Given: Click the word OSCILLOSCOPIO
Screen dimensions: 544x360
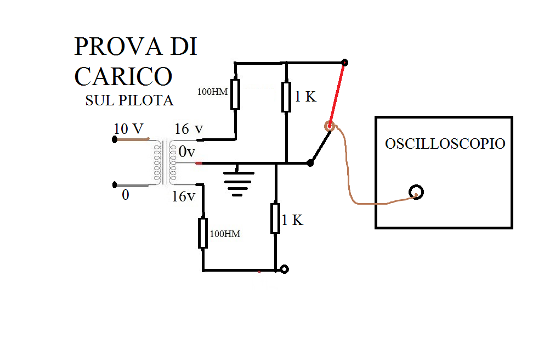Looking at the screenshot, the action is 445,144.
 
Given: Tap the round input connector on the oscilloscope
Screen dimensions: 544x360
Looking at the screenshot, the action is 416,192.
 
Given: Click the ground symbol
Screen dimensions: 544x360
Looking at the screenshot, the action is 237,183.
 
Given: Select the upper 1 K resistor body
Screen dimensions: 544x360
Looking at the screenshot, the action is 286,97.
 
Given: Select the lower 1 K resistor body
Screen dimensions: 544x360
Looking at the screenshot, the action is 275,218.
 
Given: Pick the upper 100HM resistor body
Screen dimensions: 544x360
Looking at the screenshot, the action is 235,94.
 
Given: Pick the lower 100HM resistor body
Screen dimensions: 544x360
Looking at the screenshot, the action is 203,233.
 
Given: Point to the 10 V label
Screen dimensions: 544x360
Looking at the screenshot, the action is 128,129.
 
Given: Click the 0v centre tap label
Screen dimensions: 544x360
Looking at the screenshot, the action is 186,151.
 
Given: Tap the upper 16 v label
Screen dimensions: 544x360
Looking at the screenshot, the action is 189,129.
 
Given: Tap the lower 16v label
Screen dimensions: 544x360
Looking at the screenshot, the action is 184,196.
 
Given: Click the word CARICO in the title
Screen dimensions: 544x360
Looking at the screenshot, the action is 123,76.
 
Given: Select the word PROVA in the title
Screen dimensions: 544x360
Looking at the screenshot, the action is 118,46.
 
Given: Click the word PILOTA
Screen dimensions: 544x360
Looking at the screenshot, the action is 146,100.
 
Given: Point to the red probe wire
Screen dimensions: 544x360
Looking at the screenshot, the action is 337,94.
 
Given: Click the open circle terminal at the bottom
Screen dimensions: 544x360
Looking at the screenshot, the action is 284,269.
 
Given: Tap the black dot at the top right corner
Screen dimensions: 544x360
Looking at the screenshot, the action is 344,63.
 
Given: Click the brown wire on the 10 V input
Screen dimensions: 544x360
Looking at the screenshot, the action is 133,139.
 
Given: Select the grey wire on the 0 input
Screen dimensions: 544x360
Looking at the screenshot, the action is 132,185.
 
